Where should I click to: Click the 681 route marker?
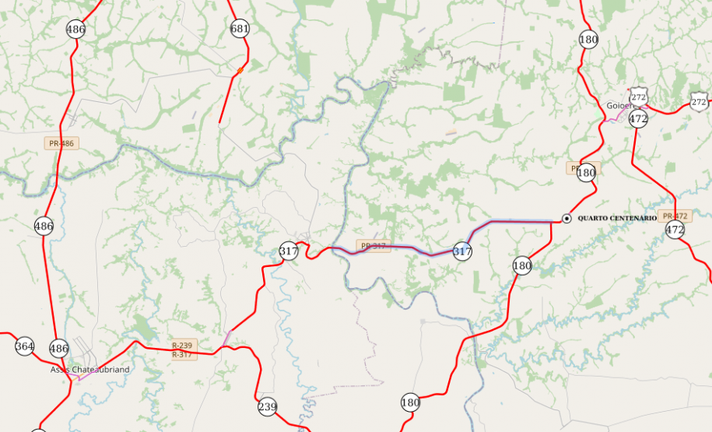[x=240, y=30]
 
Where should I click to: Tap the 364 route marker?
[x=24, y=346]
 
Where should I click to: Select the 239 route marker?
[x=267, y=406]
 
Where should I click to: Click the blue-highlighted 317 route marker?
[x=462, y=251]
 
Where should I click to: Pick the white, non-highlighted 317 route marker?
[x=289, y=251]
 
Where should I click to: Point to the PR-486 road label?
[x=61, y=143]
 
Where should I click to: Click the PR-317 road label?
[x=374, y=246]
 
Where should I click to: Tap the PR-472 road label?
[x=674, y=216]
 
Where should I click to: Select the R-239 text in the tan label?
[x=182, y=345]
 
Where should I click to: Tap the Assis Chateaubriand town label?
[x=90, y=370]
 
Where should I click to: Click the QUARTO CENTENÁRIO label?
[x=616, y=219]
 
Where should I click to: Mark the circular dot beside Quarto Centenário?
[x=567, y=219]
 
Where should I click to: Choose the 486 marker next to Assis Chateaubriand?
[x=58, y=348]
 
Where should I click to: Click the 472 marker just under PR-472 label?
[x=675, y=230]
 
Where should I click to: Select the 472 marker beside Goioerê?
[x=638, y=119]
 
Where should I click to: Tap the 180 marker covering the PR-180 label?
[x=587, y=173]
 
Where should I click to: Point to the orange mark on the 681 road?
[x=240, y=70]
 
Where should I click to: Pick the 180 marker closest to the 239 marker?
[x=410, y=402]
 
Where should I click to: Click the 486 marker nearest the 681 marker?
[x=75, y=30]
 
